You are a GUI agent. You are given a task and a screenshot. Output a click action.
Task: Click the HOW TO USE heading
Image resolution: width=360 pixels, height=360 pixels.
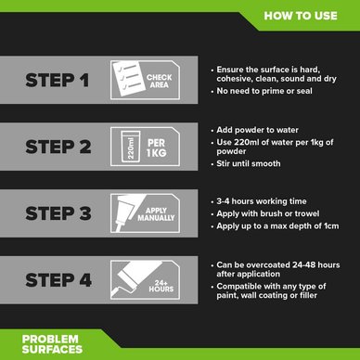click(x=301, y=16)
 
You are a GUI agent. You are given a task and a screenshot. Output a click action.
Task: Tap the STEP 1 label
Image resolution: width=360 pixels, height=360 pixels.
click(x=58, y=80)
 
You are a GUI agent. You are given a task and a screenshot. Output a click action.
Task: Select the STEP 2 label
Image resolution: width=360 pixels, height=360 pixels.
click(x=58, y=147)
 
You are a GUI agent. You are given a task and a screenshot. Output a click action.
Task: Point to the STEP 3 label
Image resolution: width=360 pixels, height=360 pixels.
click(x=58, y=213)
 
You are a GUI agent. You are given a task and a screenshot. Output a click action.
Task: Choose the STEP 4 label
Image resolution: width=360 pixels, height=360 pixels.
click(x=58, y=280)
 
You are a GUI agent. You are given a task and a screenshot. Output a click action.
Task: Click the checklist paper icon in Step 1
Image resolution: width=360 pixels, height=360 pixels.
click(x=128, y=79)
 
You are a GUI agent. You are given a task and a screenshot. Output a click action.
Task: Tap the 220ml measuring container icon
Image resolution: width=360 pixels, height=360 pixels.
click(x=131, y=147)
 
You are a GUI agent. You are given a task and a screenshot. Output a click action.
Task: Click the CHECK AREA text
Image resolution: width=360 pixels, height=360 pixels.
click(x=160, y=81)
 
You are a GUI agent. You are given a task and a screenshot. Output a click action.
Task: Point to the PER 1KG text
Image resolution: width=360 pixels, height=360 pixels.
click(x=157, y=148)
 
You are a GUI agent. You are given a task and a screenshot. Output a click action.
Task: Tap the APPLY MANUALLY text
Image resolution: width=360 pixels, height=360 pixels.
click(x=156, y=214)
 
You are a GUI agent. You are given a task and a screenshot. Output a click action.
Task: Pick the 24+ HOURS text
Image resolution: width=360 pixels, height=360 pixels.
click(x=161, y=286)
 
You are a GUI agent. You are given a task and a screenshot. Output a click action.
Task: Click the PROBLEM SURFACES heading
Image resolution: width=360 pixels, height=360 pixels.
click(x=52, y=344)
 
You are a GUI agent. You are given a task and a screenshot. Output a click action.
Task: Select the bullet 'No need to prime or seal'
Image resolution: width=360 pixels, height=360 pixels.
click(x=262, y=91)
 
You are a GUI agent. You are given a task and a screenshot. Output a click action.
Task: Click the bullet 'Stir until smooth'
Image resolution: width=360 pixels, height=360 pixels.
click(x=246, y=163)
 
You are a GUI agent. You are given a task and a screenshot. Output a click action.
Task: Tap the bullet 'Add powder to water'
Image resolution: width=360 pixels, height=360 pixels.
click(x=255, y=130)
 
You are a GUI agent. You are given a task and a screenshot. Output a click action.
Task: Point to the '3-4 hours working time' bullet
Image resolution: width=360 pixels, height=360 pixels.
click(x=259, y=201)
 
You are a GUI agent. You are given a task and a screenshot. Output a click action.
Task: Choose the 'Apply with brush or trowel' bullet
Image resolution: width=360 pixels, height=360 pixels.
click(x=265, y=213)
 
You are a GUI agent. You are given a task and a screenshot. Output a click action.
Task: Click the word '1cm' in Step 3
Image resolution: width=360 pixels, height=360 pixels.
click(x=331, y=226)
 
